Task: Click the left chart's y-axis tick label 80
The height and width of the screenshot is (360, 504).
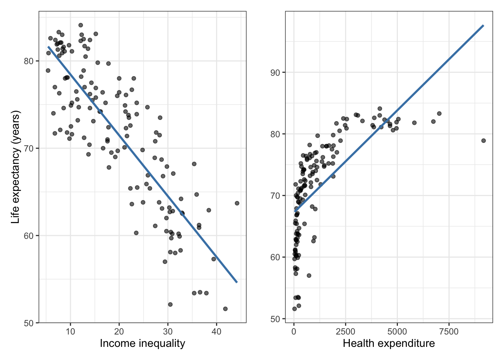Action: (x=29, y=61)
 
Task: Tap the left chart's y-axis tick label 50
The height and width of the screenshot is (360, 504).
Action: (x=29, y=323)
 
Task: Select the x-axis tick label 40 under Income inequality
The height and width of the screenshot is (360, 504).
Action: (x=216, y=331)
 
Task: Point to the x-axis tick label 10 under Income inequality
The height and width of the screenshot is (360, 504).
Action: (x=70, y=331)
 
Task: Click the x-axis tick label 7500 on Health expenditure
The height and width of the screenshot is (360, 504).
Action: (x=448, y=331)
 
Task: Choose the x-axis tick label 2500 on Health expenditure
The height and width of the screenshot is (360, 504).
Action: (x=345, y=331)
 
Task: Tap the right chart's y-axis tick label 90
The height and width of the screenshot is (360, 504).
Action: (x=275, y=72)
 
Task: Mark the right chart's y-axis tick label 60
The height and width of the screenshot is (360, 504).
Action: (x=275, y=257)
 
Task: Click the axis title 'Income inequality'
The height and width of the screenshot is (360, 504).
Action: (x=142, y=343)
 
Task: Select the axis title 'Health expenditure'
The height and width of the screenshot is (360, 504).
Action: (x=389, y=343)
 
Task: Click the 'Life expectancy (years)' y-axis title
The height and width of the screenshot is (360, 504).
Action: (x=15, y=167)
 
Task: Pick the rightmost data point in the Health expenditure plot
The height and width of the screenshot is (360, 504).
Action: (x=483, y=141)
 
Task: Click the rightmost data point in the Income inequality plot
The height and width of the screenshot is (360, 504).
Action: (x=237, y=203)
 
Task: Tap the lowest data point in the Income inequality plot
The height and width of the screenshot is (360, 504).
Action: (x=225, y=309)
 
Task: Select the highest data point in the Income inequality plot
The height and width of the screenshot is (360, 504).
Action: (x=81, y=25)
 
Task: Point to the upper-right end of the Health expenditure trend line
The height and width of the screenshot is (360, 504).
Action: (x=483, y=25)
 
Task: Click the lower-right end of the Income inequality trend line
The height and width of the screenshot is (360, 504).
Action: (x=237, y=282)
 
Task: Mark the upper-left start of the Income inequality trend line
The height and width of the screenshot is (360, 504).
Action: (x=48, y=47)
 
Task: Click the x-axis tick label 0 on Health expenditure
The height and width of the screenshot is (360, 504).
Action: (x=294, y=331)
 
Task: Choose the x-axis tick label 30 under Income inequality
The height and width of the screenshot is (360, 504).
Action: (x=168, y=331)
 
